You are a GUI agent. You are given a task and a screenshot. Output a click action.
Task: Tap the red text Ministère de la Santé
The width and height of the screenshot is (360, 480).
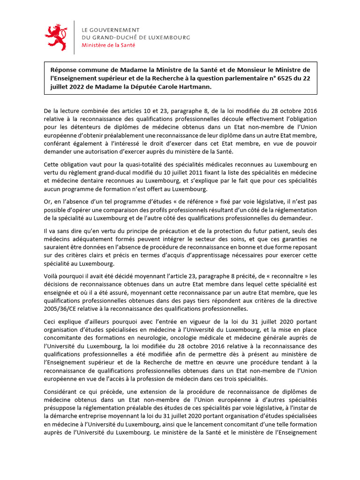coord(108,45)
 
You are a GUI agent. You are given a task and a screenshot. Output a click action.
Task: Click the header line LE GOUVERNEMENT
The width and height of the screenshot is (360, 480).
coord(111,30)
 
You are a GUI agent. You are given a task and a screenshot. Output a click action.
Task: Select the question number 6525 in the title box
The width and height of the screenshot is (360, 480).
coord(275,78)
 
